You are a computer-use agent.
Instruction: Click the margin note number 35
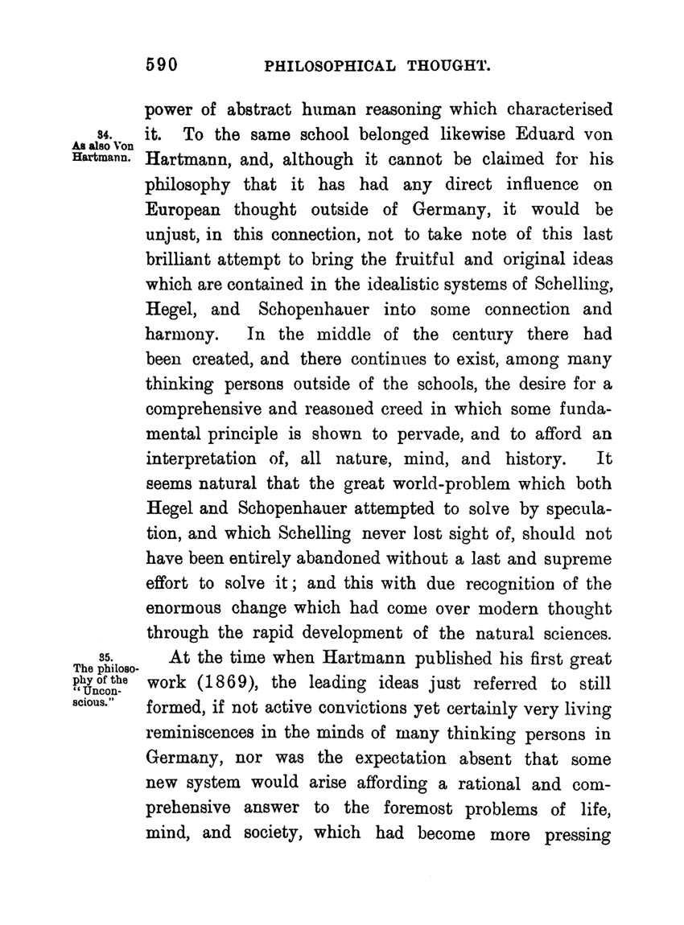click(x=103, y=656)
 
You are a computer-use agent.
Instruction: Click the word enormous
click(x=184, y=609)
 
